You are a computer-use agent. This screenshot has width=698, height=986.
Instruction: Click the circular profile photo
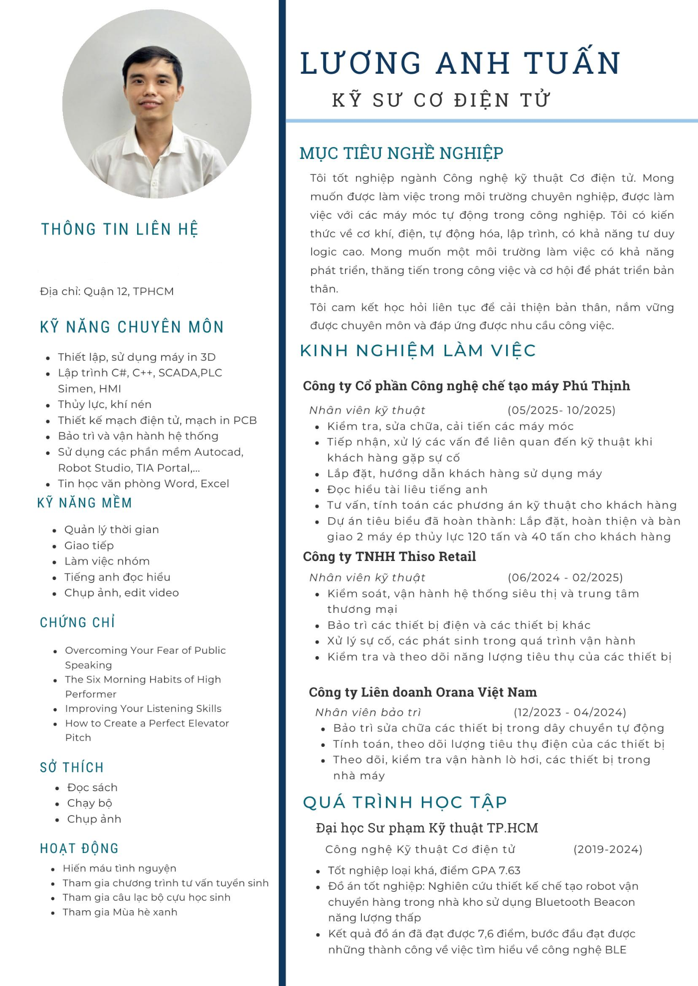(157, 104)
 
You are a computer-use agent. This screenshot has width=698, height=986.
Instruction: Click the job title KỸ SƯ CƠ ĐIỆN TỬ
(441, 100)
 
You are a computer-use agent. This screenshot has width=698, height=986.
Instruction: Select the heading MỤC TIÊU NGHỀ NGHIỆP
(401, 153)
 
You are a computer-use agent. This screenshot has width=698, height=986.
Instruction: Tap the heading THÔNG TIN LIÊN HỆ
(120, 229)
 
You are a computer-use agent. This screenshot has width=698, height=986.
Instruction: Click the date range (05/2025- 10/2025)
(561, 410)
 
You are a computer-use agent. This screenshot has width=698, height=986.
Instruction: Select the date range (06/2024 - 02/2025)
(565, 577)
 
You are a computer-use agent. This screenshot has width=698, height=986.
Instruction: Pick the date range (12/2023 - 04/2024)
(570, 712)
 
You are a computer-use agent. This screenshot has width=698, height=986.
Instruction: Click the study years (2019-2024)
(608, 849)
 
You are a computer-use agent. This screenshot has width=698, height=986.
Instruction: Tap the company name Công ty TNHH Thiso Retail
(389, 557)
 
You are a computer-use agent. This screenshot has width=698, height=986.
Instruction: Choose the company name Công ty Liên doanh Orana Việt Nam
(423, 692)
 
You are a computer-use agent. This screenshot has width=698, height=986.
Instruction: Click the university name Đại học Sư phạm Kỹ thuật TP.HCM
(427, 828)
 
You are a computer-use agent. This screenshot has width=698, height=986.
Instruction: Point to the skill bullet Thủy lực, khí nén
(105, 405)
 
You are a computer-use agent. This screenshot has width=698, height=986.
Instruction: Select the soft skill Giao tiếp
(89, 546)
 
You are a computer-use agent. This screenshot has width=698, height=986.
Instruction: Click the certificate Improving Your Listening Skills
(143, 708)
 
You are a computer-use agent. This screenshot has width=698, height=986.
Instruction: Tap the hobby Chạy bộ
(90, 803)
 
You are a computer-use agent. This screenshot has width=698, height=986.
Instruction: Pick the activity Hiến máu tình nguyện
(120, 868)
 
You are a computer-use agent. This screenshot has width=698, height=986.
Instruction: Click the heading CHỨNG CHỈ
(77, 623)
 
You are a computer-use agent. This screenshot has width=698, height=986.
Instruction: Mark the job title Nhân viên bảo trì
(368, 712)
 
